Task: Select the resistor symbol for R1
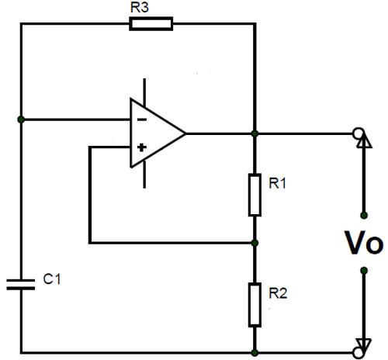[255, 194]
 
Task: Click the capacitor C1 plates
[21, 283]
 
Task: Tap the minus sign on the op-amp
[141, 120]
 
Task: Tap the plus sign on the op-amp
[141, 146]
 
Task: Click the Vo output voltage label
[362, 244]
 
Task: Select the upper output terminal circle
[359, 133]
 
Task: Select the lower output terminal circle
[359, 351]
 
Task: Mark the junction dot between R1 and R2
[255, 243]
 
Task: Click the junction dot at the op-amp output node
[255, 133]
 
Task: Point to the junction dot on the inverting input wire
[21, 120]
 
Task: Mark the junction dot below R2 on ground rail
[255, 351]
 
